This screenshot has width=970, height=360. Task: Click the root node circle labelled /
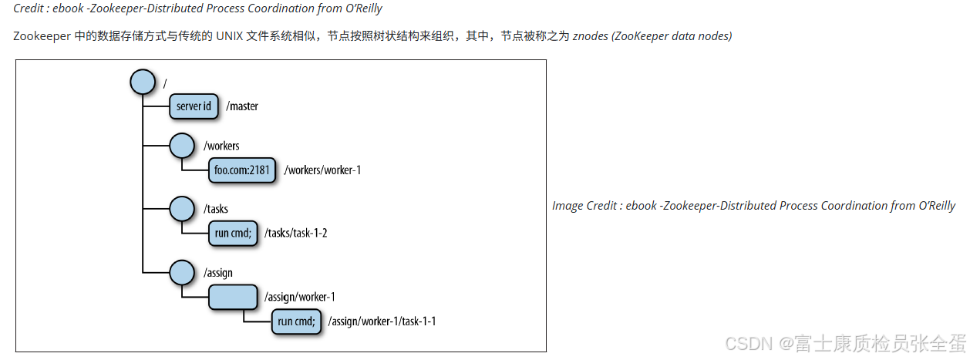143,81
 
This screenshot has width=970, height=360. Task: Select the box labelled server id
194,106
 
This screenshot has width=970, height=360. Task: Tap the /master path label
242,106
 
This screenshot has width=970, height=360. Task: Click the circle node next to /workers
181,145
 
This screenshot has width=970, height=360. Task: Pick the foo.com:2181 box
241,170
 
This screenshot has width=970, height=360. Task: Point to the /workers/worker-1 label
322,170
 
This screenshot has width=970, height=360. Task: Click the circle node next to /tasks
181,208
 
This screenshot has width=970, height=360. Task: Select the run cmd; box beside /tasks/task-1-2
233,233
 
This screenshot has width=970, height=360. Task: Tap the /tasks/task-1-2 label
296,233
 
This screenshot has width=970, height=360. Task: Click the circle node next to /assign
181,272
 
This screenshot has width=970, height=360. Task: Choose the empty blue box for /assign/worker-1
233,297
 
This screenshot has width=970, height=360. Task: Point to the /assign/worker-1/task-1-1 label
382,321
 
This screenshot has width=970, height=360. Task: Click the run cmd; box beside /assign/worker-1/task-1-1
296,321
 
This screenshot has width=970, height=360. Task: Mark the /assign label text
218,273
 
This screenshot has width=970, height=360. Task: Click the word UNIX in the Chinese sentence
227,36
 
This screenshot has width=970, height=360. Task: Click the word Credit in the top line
29,8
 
